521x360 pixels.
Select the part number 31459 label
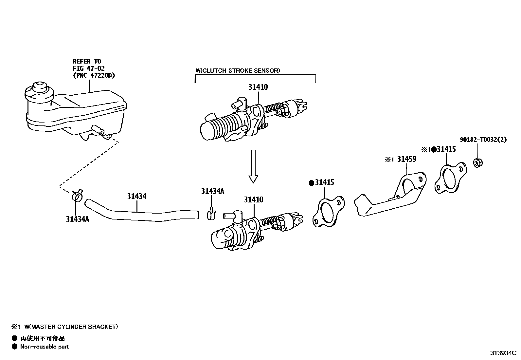(407, 160)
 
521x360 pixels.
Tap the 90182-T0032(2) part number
(483, 140)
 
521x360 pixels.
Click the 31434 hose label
(137, 197)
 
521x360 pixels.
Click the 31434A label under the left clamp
(78, 219)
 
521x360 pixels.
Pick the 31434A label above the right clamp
(213, 191)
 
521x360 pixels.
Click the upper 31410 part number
(258, 87)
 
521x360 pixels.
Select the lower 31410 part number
(254, 200)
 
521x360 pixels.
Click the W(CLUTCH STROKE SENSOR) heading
(238, 70)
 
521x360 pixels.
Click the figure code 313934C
(503, 353)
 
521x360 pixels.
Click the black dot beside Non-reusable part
(14, 347)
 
